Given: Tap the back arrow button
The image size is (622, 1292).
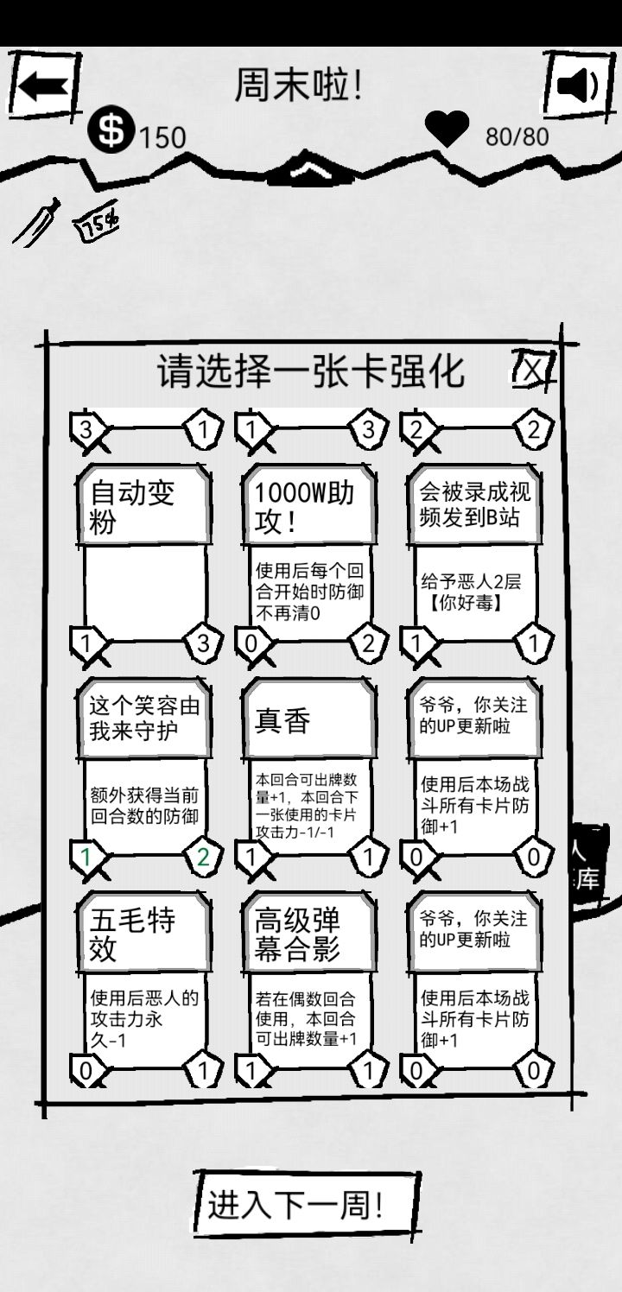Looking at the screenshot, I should [44, 86].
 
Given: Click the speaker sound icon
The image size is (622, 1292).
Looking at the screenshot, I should [577, 86].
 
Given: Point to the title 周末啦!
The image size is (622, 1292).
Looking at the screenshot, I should [299, 85].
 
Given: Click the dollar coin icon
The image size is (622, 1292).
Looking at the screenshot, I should [111, 130].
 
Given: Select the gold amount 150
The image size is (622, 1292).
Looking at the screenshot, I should [162, 136].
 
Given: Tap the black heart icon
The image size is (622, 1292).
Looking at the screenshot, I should [447, 130].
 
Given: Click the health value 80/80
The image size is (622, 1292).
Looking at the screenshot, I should [517, 136].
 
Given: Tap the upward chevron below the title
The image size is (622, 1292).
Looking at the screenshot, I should [308, 169].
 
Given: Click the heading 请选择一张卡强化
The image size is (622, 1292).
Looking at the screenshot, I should [311, 371].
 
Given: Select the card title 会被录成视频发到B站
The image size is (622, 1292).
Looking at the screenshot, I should [474, 505].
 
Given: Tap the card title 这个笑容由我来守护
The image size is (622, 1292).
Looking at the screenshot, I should [143, 718].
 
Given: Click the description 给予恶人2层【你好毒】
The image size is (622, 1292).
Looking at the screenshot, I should [474, 592].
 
